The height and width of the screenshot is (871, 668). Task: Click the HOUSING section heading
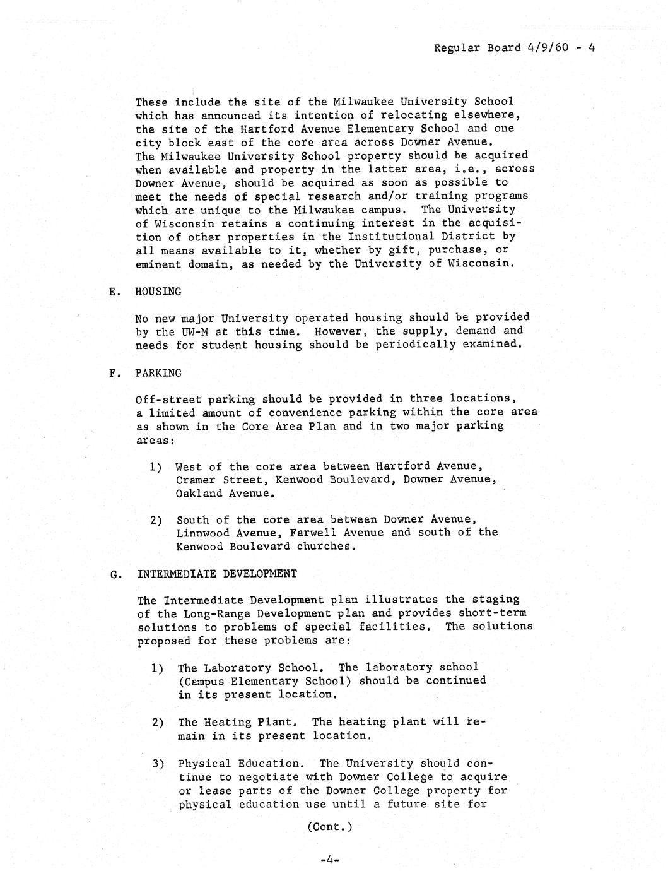click(158, 292)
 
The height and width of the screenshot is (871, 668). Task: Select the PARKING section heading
click(158, 373)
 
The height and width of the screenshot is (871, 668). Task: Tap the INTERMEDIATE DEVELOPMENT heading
click(216, 574)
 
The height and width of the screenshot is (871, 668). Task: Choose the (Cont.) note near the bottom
click(329, 827)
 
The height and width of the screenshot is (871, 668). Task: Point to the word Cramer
click(196, 480)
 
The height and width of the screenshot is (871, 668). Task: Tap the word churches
click(324, 547)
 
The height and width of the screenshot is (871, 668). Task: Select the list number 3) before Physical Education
click(158, 764)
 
